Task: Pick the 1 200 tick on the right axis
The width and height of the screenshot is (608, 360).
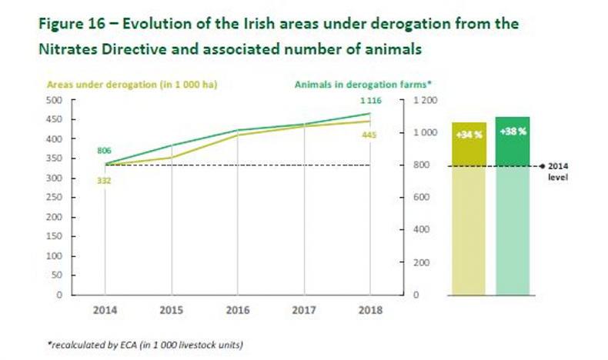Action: (426, 100)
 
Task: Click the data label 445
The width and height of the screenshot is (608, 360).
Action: (369, 135)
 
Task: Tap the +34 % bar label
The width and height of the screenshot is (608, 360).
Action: (469, 132)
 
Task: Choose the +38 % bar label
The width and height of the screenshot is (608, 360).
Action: (512, 131)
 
